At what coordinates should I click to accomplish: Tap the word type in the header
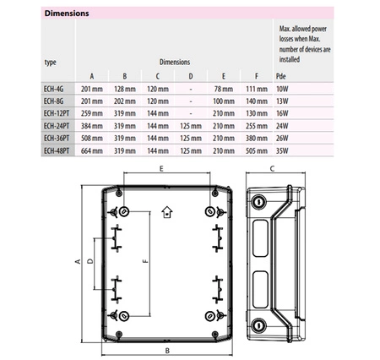pyautogui.click(x=50, y=63)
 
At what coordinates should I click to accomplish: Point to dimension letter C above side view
pyautogui.click(x=270, y=169)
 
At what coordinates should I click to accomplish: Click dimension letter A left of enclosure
pyautogui.click(x=78, y=261)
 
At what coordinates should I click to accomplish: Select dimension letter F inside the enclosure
pyautogui.click(x=146, y=261)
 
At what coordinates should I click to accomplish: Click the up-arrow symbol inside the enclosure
pyautogui.click(x=166, y=210)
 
